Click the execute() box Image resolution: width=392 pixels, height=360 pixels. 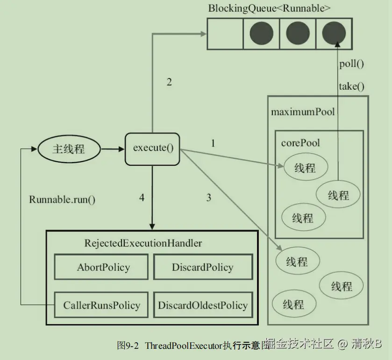point(152,148)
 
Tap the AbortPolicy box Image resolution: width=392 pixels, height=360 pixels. point(103,268)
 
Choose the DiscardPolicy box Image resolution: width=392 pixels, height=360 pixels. point(202,268)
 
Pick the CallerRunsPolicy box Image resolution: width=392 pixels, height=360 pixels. point(101,305)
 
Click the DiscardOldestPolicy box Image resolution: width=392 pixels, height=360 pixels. point(202,305)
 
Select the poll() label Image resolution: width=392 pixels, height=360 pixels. point(351,64)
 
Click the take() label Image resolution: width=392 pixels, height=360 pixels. point(351,86)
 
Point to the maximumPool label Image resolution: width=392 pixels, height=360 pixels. point(303,112)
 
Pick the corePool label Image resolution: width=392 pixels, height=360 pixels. point(300,142)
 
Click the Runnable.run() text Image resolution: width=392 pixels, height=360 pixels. point(62,199)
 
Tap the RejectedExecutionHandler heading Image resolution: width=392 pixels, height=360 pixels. point(143,243)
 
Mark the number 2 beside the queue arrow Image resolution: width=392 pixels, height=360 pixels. point(169,82)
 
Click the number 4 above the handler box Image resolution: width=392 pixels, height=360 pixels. point(142,198)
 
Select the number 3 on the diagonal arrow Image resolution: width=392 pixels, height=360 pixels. point(208,198)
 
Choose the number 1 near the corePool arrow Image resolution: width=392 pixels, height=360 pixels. point(213,143)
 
